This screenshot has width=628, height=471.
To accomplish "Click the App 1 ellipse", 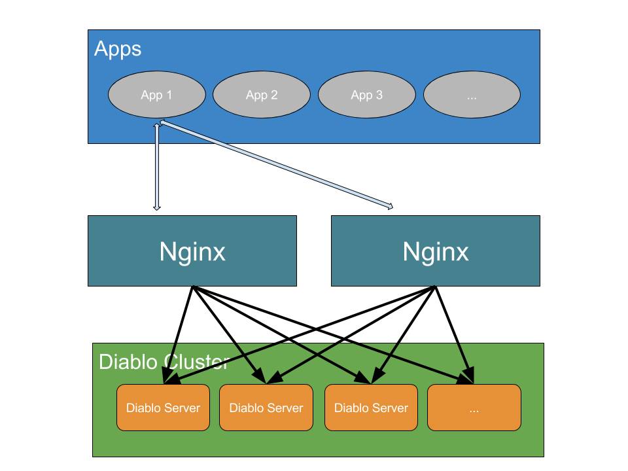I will click(x=156, y=95).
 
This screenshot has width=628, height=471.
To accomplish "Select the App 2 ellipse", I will click(x=261, y=95).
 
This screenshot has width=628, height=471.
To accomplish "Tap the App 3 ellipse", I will click(x=366, y=95).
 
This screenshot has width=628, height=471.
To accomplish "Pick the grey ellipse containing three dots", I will click(x=472, y=95).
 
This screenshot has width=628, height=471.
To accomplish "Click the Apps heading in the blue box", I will click(x=118, y=49).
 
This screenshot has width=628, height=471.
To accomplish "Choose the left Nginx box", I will click(x=192, y=251).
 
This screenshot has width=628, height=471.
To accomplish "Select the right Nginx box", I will click(x=436, y=251).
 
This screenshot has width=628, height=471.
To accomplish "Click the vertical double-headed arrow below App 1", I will click(x=156, y=167).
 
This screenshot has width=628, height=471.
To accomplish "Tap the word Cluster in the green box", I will click(x=196, y=362).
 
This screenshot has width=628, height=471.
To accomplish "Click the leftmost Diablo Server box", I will click(x=163, y=408).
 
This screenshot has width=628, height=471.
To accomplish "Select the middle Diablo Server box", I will click(x=266, y=408).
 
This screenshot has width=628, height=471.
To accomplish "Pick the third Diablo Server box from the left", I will click(x=371, y=408).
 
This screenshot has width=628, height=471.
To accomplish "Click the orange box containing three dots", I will click(x=474, y=408).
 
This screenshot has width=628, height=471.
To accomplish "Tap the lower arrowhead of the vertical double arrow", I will click(x=156, y=207).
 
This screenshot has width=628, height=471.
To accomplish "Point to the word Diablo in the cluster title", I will click(x=129, y=362).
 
